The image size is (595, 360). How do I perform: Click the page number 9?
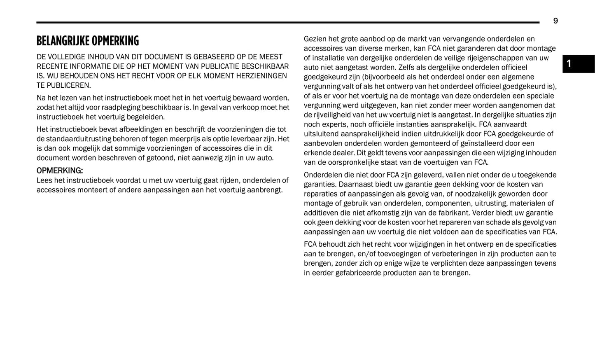[x=555, y=21]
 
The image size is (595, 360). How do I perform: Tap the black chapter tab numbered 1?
[x=578, y=64]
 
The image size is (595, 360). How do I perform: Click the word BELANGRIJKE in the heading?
[x=63, y=41]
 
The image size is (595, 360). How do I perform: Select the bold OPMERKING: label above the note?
[x=60, y=171]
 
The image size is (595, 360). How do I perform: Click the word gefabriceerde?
[x=359, y=273]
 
